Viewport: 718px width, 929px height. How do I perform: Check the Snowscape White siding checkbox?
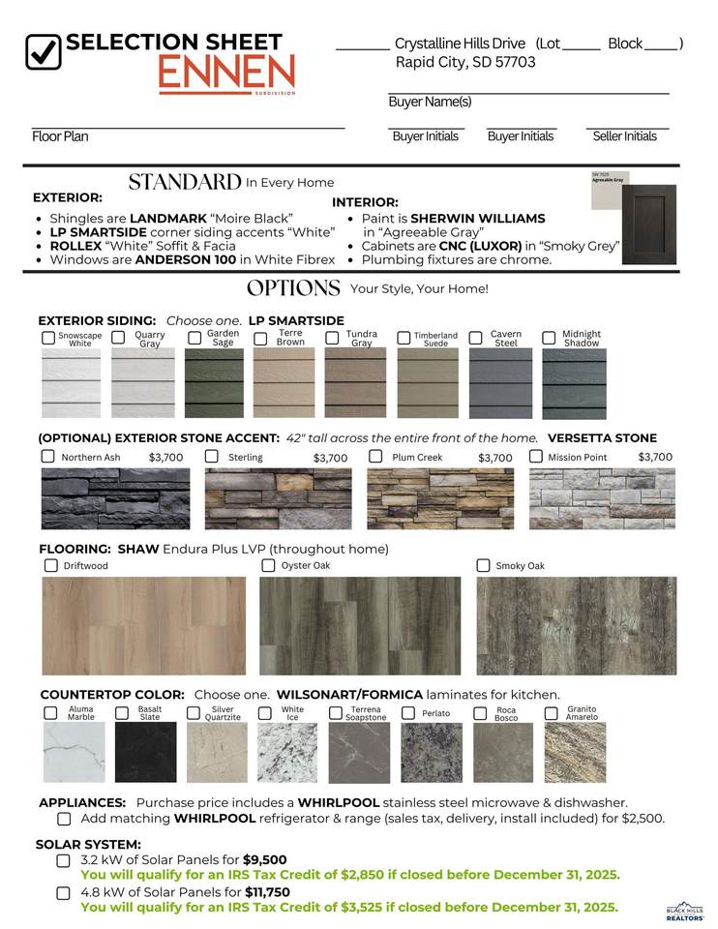(x=48, y=338)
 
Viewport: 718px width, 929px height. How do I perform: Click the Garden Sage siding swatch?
(x=215, y=382)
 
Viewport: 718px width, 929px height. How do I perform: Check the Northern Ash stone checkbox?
(x=47, y=456)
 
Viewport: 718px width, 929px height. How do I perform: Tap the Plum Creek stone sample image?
(x=440, y=499)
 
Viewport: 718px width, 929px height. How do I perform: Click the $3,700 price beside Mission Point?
(x=655, y=457)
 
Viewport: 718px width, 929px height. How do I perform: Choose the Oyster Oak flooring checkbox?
(x=268, y=565)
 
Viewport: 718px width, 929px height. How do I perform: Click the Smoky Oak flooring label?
(x=520, y=566)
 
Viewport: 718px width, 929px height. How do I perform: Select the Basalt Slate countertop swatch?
(x=146, y=752)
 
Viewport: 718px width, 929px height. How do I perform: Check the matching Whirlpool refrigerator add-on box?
(x=64, y=819)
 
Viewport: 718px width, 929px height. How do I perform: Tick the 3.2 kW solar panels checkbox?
(x=64, y=860)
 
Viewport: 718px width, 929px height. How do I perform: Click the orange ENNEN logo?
(x=227, y=74)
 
